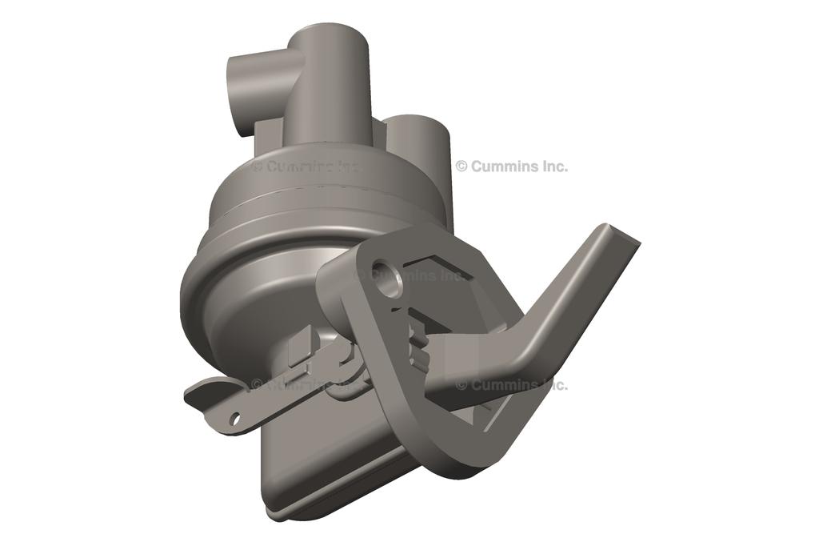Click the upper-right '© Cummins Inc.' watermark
click(x=512, y=167)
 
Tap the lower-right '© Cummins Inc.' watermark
click(x=512, y=384)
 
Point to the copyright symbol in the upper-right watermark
click(x=461, y=167)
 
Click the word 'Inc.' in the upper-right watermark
click(x=553, y=167)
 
